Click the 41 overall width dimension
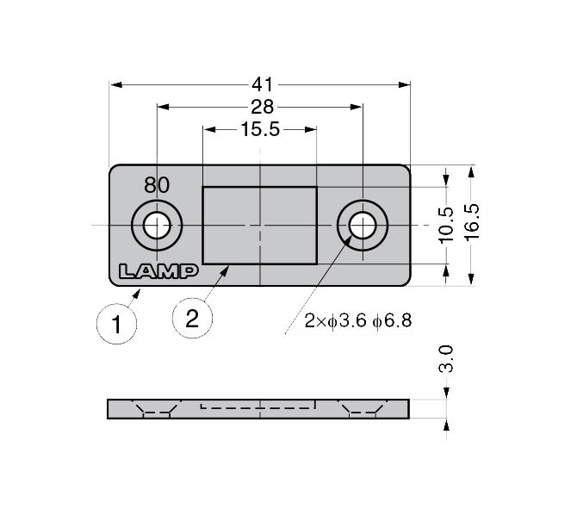(x=263, y=84)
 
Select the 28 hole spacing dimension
(x=263, y=107)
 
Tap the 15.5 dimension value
(x=261, y=129)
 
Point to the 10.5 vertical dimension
(x=446, y=225)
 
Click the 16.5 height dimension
(x=472, y=222)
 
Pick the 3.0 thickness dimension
(x=446, y=359)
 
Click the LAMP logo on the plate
(x=158, y=271)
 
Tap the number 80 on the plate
(x=157, y=185)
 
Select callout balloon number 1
(x=116, y=325)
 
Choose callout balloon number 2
(x=192, y=318)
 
